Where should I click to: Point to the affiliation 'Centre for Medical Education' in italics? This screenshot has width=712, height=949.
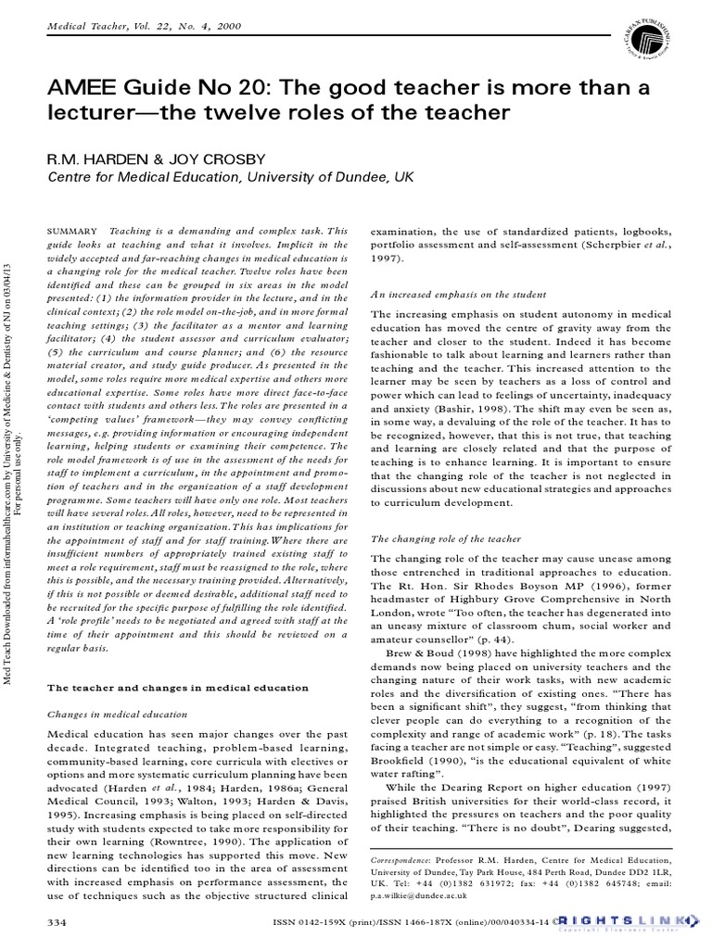[x=133, y=176]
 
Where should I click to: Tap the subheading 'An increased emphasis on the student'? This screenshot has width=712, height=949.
[x=458, y=294]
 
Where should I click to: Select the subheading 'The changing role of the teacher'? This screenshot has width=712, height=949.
[x=446, y=538]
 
